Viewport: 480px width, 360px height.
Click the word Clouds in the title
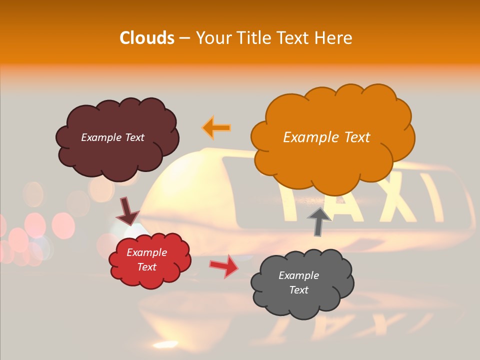click(x=147, y=38)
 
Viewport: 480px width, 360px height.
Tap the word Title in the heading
click(x=250, y=38)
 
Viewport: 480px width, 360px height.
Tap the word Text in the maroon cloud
click(x=133, y=137)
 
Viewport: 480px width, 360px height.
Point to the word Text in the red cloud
click(x=147, y=267)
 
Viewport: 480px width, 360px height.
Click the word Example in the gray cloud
click(x=298, y=275)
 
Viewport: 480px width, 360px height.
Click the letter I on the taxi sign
click(x=431, y=197)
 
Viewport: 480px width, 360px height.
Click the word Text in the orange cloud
click(x=357, y=137)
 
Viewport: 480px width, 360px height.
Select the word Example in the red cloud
click(x=147, y=252)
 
